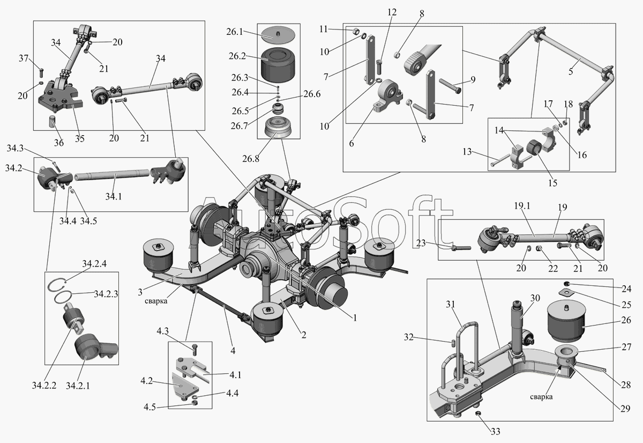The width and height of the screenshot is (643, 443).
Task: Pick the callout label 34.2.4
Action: pyautogui.click(x=94, y=264)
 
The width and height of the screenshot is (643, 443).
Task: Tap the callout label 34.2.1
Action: pyautogui.click(x=78, y=385)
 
